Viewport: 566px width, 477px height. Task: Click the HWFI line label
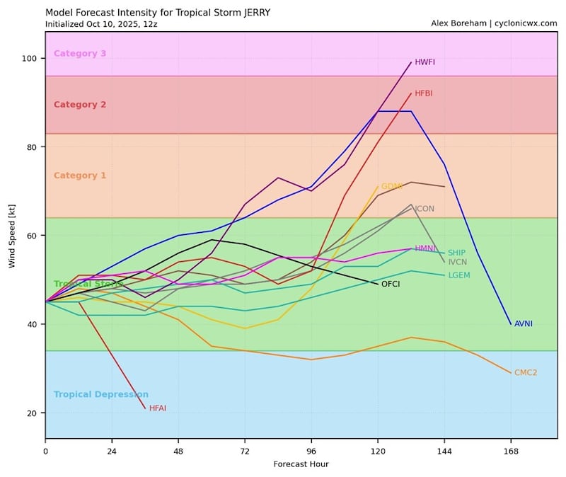point(424,62)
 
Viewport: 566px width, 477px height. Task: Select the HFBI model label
point(424,93)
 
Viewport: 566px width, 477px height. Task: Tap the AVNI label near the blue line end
point(523,324)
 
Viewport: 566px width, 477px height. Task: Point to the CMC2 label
point(525,373)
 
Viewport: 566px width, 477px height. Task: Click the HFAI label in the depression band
point(157,408)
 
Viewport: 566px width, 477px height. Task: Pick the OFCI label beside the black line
point(391,285)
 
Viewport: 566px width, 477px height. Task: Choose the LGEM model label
point(458,275)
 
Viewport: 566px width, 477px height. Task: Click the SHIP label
point(456,253)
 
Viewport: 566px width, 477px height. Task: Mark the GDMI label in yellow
point(391,187)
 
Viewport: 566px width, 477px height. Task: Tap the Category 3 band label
point(80,54)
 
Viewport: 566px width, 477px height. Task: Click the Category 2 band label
point(80,105)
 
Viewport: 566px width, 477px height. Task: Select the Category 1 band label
point(80,176)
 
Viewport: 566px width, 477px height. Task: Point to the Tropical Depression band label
point(100,395)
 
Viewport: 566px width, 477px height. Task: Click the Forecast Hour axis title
point(301,464)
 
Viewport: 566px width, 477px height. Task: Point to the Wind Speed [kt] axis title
point(12,236)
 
